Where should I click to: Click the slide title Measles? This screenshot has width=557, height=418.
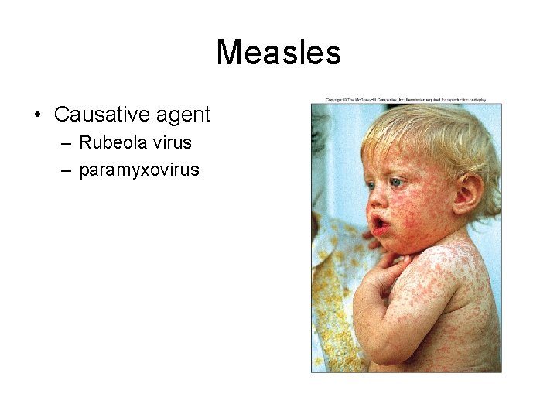pos(278,53)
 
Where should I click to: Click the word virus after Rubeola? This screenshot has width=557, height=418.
pos(172,142)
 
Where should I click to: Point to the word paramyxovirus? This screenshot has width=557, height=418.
pos(139,169)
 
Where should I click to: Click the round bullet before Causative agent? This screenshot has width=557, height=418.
pos(37,116)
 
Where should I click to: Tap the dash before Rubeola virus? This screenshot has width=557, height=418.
pos(67,143)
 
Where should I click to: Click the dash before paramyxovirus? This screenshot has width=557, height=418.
pos(67,170)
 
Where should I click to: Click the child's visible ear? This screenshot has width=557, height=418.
pos(468,194)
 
